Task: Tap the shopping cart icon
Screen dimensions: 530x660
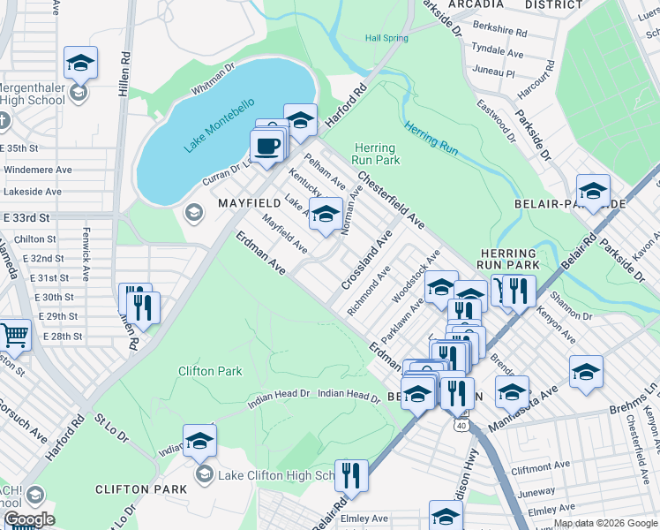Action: pyautogui.click(x=13, y=336)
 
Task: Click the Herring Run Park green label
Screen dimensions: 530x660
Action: pyautogui.click(x=377, y=154)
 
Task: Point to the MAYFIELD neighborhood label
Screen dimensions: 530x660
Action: pyautogui.click(x=248, y=204)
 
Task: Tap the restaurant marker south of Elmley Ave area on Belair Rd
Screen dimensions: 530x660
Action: pyautogui.click(x=351, y=474)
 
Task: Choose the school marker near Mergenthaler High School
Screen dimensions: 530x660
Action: pyautogui.click(x=80, y=63)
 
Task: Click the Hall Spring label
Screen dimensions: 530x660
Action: pyautogui.click(x=387, y=38)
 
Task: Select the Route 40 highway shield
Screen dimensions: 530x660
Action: pyautogui.click(x=461, y=425)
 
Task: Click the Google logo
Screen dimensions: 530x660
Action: pyautogui.click(x=29, y=519)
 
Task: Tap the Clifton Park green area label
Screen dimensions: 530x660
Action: pyautogui.click(x=210, y=371)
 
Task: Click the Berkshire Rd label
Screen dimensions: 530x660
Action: pyautogui.click(x=499, y=32)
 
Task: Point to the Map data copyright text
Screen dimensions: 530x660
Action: pyautogui.click(x=604, y=523)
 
